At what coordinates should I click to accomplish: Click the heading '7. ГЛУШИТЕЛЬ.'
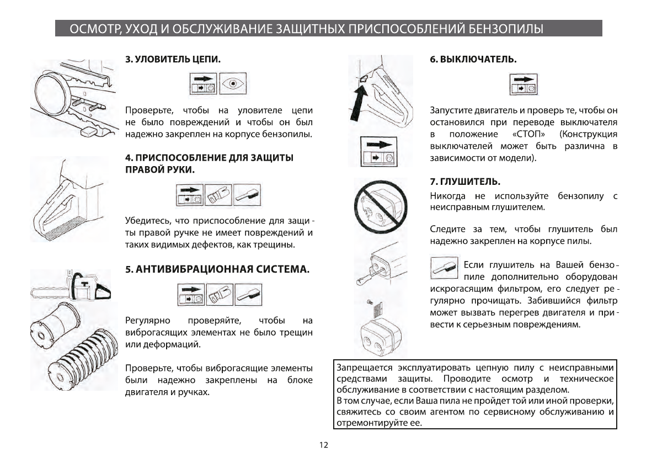coord(465,182)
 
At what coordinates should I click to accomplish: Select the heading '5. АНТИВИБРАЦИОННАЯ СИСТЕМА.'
coord(217,269)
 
